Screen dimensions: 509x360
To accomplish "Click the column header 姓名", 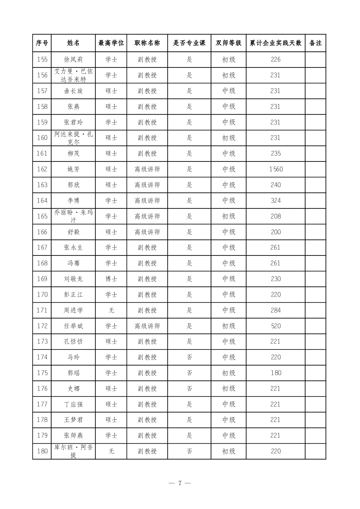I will coord(73,43).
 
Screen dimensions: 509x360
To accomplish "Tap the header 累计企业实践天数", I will coord(275,43).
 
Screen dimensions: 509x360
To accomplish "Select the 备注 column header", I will coord(315,43).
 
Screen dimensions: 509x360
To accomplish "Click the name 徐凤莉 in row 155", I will coord(73,60).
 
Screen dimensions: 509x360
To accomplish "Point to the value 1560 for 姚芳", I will coord(276,169).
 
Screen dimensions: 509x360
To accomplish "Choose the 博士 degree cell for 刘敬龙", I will coord(111,279).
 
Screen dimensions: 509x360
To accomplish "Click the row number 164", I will coord(42,201).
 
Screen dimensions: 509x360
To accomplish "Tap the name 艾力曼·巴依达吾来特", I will coord(73,75).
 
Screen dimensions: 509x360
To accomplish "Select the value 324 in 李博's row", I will coord(276,201).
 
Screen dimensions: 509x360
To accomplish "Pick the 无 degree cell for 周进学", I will coord(111,310).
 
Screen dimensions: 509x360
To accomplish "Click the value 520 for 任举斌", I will coord(276,326).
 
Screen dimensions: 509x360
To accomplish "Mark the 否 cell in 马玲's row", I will coord(189,357).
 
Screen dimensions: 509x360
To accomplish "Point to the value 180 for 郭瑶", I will coord(276,373).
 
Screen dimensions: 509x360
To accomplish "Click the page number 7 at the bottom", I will coord(180,483).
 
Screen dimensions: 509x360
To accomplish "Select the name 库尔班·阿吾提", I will coord(73,451).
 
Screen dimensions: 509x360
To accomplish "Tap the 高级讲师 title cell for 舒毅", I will coord(147,232).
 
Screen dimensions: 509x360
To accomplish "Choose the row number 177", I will coord(42,404).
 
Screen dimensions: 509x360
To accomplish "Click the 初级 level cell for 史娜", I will coord(229,389).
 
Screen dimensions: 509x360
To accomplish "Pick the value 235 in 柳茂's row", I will coord(276,154).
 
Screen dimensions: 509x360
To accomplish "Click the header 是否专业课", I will coord(189,43).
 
